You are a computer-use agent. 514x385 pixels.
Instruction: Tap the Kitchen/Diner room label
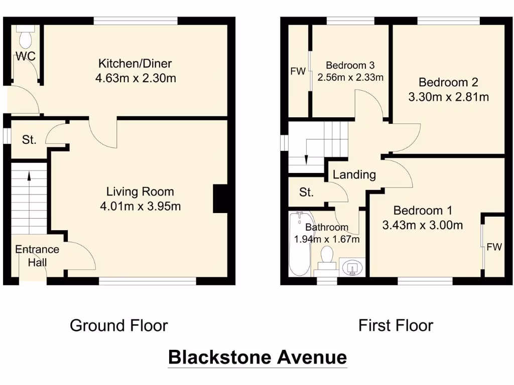[x=135, y=64]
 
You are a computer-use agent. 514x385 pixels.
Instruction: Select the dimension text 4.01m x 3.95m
[x=140, y=206]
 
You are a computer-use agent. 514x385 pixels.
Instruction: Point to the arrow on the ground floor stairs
[x=29, y=176]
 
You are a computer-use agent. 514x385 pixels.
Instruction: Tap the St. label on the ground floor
[x=29, y=140]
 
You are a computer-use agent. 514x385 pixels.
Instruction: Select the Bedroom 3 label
[x=350, y=65]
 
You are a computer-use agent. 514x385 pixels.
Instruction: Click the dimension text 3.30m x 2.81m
[x=448, y=97]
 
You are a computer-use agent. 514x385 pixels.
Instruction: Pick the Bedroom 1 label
[x=419, y=211]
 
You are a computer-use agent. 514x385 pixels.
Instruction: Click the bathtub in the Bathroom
[x=298, y=244]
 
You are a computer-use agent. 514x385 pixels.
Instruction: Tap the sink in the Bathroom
[x=353, y=268]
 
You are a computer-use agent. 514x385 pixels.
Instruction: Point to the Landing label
[x=354, y=174]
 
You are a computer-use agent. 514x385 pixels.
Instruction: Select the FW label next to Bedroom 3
[x=298, y=71]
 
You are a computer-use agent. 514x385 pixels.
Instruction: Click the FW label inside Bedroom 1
[x=494, y=247]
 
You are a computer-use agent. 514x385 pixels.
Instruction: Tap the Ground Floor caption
[x=118, y=325]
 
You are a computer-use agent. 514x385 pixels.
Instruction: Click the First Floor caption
[x=396, y=325]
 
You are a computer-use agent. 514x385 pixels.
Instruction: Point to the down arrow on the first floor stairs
[x=306, y=159]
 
